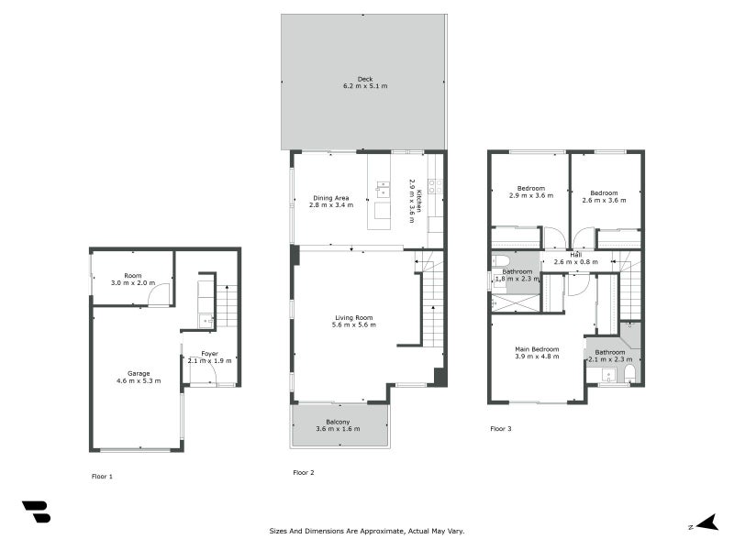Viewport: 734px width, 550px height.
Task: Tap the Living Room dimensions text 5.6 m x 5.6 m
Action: click(353, 324)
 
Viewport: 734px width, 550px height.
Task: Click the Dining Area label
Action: click(331, 198)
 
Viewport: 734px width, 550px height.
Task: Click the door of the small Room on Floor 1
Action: click(160, 295)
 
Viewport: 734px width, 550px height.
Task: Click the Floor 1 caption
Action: click(103, 477)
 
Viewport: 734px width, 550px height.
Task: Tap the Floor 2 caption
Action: click(304, 473)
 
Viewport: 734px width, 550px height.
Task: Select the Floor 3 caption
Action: click(501, 429)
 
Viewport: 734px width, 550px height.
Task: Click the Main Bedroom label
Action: click(536, 348)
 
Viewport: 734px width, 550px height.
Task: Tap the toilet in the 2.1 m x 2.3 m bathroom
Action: click(629, 376)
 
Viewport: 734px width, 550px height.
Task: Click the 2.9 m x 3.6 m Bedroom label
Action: click(529, 189)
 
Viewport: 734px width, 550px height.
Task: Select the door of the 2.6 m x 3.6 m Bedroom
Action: click(584, 240)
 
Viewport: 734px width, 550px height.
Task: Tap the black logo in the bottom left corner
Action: click(36, 511)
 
